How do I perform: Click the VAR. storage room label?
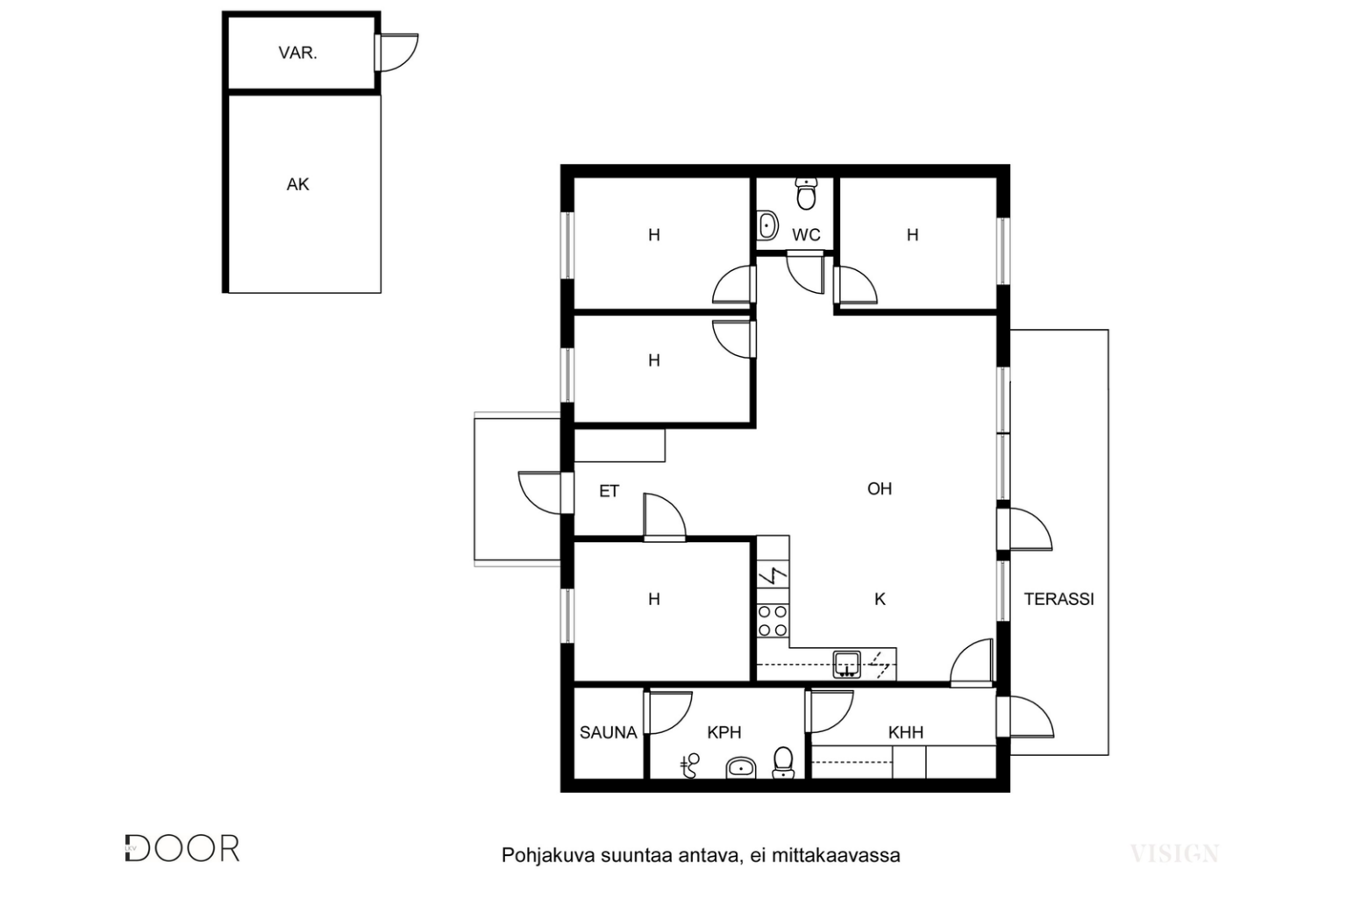(297, 53)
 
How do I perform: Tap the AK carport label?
(297, 184)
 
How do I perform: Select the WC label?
(806, 234)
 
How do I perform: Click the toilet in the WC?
(806, 193)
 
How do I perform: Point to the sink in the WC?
(766, 226)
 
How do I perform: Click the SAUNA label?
(608, 732)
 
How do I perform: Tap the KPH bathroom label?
(724, 732)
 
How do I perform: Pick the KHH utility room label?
(906, 732)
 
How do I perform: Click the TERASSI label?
(1059, 599)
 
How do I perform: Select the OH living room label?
(880, 489)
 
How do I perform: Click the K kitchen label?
(880, 599)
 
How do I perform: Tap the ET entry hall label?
(609, 491)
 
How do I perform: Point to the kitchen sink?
(846, 665)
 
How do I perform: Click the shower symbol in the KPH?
(690, 766)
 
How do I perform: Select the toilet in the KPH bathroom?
(783, 762)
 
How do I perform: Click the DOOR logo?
(182, 849)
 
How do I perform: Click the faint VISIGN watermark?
(1174, 853)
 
